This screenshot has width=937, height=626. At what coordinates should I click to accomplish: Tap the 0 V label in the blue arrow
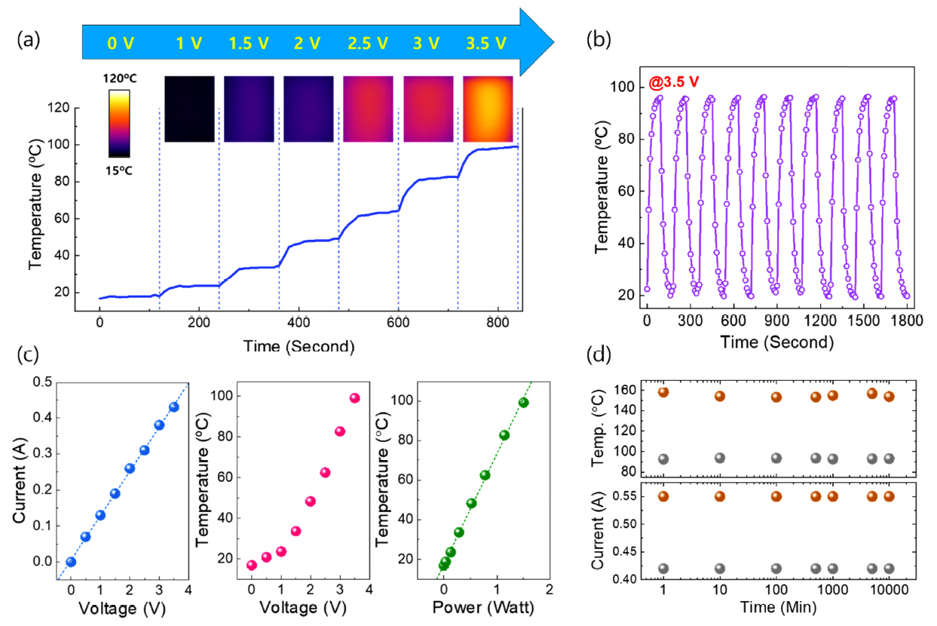[121, 44]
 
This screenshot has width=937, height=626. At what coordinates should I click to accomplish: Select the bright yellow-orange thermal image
[488, 109]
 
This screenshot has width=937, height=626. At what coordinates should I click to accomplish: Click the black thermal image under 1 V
[189, 109]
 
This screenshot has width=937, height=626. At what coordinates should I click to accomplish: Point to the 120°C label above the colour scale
[118, 79]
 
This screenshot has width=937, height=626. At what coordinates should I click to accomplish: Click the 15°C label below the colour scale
[118, 170]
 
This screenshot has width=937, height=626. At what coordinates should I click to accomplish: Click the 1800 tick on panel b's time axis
[900, 320]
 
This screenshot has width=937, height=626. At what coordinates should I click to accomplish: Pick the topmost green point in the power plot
[523, 402]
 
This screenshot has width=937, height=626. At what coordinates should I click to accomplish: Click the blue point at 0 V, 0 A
[71, 562]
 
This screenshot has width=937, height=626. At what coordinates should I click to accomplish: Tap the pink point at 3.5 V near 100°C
[354, 398]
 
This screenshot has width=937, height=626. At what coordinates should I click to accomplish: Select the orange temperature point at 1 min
[663, 392]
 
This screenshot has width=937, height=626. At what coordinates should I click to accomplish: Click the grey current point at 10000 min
[889, 569]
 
